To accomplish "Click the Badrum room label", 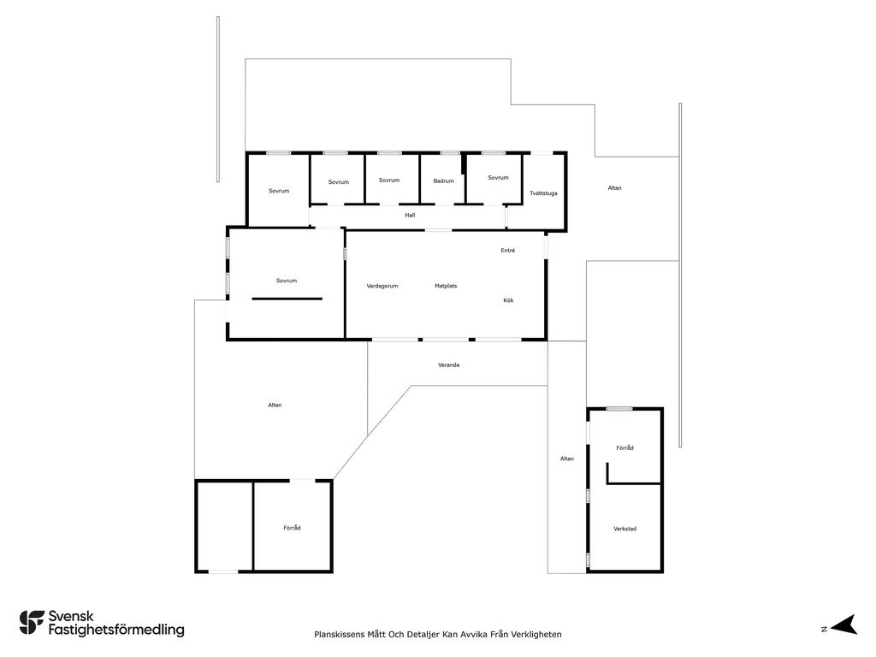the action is pyautogui.click(x=444, y=181).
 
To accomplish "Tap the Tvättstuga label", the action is pyautogui.click(x=543, y=193).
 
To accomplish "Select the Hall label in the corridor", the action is pyautogui.click(x=410, y=215).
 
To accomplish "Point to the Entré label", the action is pyautogui.click(x=508, y=251).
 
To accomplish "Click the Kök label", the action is pyautogui.click(x=508, y=300).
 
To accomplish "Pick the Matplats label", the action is pyautogui.click(x=446, y=286).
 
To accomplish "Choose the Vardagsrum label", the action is pyautogui.click(x=382, y=286).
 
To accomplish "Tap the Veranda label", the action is pyautogui.click(x=448, y=365).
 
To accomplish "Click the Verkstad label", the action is pyautogui.click(x=624, y=529).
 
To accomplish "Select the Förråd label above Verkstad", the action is pyautogui.click(x=624, y=448).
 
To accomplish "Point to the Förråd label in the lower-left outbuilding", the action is pyautogui.click(x=292, y=528).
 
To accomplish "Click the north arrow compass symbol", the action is pyautogui.click(x=844, y=624).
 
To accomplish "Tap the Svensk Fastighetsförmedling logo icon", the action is pyautogui.click(x=32, y=623).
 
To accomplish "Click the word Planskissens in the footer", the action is pyautogui.click(x=339, y=635).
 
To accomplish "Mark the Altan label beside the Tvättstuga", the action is pyautogui.click(x=614, y=188).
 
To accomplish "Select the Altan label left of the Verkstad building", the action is pyautogui.click(x=567, y=459).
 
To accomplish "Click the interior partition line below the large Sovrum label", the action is pyautogui.click(x=287, y=299).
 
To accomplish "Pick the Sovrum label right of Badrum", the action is pyautogui.click(x=499, y=178).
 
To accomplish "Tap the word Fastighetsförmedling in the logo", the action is pyautogui.click(x=116, y=630).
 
